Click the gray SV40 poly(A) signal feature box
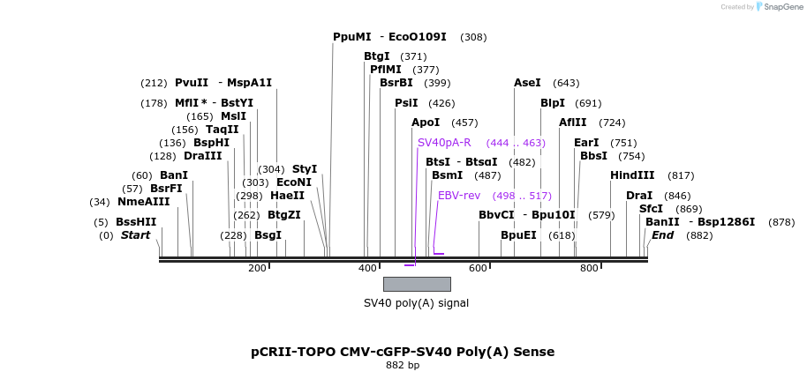pos(417,284)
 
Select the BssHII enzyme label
pos(136,222)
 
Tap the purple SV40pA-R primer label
pos(444,142)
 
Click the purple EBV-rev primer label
pos(459,195)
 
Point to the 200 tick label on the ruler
pos(257,268)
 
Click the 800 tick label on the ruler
pos(589,268)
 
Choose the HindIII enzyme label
pos(632,175)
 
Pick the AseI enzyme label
pos(527,83)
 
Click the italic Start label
pos(136,235)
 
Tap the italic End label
pos(663,235)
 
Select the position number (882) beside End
pos(699,235)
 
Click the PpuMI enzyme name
pos(352,37)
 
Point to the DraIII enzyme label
pos(203,155)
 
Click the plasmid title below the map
pos(403,352)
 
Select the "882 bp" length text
pos(403,365)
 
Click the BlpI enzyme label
pos(553,102)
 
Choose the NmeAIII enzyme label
pos(143,201)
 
